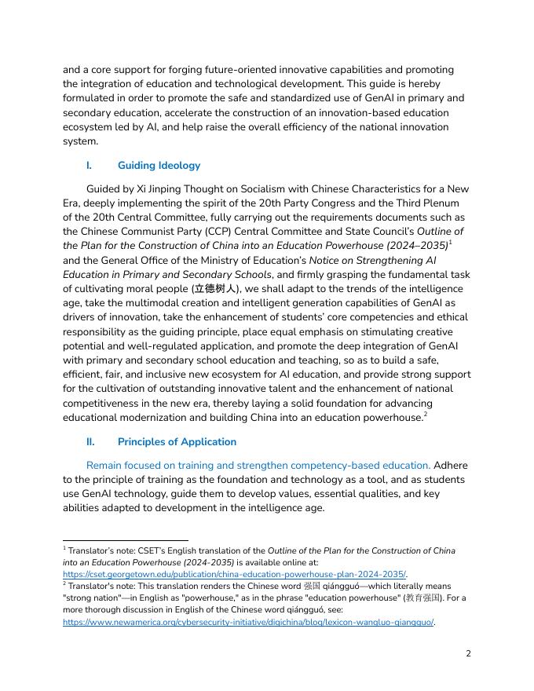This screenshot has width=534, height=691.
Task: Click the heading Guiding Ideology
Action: pos(159,166)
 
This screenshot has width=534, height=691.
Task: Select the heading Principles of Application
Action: pos(177,441)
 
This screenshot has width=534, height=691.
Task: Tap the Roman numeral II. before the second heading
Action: pos(91,441)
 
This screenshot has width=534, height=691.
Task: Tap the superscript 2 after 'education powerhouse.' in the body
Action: pos(426,413)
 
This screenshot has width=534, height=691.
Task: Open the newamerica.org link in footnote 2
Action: pos(248,623)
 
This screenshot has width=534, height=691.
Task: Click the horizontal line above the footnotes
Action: pos(126,540)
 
